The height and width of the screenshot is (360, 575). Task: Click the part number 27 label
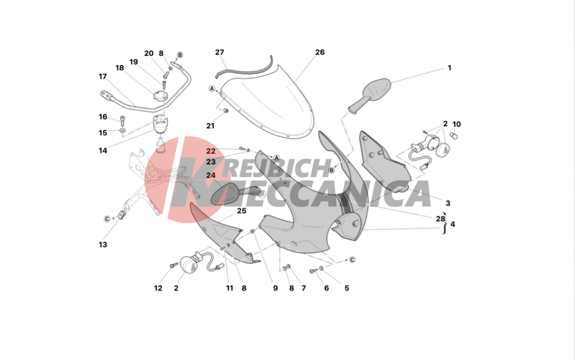coord(219,52)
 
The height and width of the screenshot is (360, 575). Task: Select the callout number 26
coord(320,52)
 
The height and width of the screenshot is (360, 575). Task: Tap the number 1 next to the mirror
coord(449,68)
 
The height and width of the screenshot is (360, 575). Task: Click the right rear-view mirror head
coord(377,89)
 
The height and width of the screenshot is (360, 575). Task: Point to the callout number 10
coord(457,124)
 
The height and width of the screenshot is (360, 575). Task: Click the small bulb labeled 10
coord(455,136)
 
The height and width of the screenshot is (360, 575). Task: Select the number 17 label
coord(103,76)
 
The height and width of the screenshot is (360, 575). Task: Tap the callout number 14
coord(103,150)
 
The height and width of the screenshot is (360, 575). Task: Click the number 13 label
coord(103,244)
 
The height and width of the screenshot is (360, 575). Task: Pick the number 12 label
coord(158,288)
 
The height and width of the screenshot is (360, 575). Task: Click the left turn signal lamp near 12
coord(189,263)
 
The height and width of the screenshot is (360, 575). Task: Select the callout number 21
coord(210,126)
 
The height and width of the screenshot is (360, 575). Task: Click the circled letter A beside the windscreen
coord(212,89)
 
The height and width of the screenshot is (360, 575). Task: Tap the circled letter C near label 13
coord(107,219)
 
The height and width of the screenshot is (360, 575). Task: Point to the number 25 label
coord(241,211)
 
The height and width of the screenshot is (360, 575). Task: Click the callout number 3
coord(448,203)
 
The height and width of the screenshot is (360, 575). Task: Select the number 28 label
coord(440,219)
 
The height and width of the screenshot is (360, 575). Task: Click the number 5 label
coord(347,288)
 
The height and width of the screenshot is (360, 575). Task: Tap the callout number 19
coord(133,62)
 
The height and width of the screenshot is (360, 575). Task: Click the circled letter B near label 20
coord(179,55)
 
